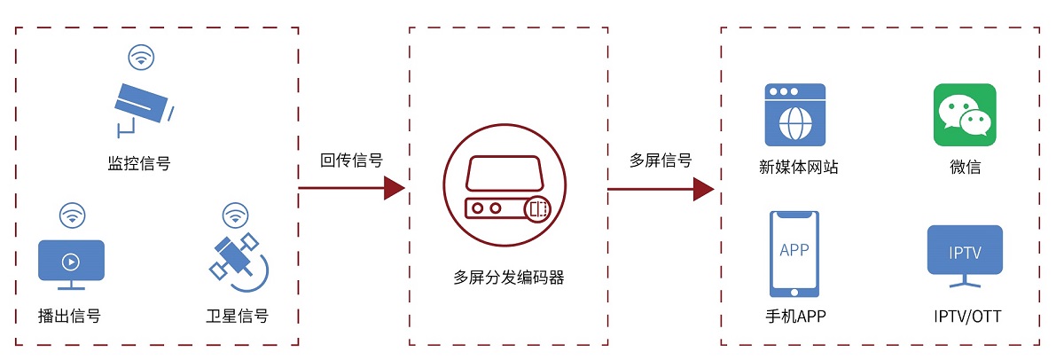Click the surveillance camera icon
(142, 105)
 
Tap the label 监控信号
(139, 163)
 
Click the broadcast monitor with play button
(71, 262)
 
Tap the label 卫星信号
(237, 316)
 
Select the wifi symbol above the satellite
(235, 215)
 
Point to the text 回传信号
(352, 160)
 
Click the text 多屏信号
(661, 160)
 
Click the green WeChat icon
(965, 114)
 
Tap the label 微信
(965, 167)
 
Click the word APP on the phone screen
(794, 250)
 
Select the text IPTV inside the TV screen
(965, 253)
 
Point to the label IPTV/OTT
(967, 316)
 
